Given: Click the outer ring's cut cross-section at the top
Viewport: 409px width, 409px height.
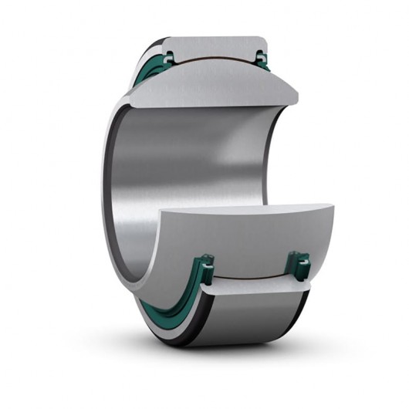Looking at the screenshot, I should (x=216, y=45).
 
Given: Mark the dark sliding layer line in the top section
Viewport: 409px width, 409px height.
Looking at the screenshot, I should (x=216, y=60).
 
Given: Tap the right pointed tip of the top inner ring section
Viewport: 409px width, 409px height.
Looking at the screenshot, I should (x=296, y=96).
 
